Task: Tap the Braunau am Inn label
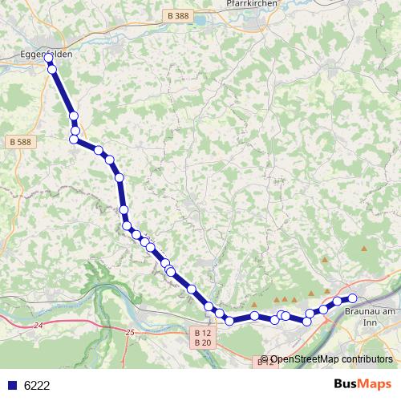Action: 370,311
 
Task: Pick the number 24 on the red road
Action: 38,326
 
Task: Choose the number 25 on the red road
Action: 130,331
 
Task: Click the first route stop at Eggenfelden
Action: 48,59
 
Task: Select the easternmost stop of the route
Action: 352,298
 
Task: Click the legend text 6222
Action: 37,386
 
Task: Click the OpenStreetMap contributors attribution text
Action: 330,359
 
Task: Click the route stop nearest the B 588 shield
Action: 74,140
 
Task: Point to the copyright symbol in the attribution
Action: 265,359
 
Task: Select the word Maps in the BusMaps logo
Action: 374,385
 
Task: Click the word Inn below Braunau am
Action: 370,322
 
